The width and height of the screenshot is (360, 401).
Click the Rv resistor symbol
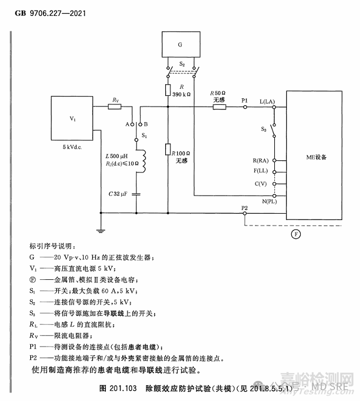pyautogui.click(x=115, y=106)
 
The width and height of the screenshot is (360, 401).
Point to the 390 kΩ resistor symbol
pyautogui.click(x=167, y=89)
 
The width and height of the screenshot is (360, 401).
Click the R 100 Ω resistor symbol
pyautogui.click(x=167, y=150)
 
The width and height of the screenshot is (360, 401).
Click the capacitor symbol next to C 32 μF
pyautogui.click(x=138, y=194)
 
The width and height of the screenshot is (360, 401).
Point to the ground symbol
pyautogui.click(x=100, y=230)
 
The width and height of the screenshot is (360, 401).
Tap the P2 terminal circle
pyautogui.click(x=245, y=214)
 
